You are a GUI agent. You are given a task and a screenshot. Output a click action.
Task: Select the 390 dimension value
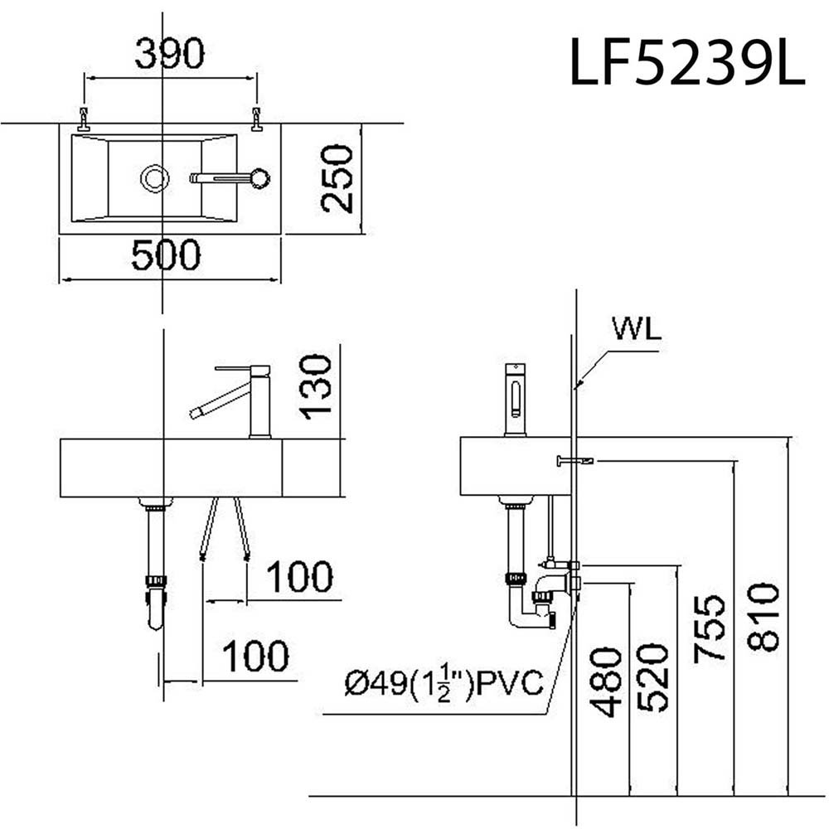(x=169, y=55)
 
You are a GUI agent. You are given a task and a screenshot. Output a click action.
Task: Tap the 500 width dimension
(x=166, y=256)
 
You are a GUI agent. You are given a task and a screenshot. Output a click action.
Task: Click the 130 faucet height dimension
(x=317, y=386)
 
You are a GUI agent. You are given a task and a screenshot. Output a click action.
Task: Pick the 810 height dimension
(x=763, y=616)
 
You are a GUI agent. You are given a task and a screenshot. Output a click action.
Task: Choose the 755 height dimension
(x=710, y=628)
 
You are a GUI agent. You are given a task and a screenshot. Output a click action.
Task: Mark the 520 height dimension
(x=655, y=676)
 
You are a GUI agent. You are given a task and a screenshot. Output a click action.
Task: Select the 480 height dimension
(x=608, y=681)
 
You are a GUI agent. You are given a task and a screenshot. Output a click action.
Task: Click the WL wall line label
(x=637, y=330)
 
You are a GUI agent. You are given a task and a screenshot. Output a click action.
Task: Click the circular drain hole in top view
(x=154, y=177)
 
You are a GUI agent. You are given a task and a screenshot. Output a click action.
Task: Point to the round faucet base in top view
(x=259, y=177)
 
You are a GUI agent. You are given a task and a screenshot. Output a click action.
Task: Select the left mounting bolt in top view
(x=84, y=119)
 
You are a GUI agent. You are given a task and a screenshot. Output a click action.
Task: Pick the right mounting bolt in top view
(x=257, y=119)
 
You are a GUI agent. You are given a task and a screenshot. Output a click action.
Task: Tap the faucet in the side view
(x=516, y=400)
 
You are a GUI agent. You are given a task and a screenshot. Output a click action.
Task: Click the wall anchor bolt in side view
(x=575, y=460)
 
